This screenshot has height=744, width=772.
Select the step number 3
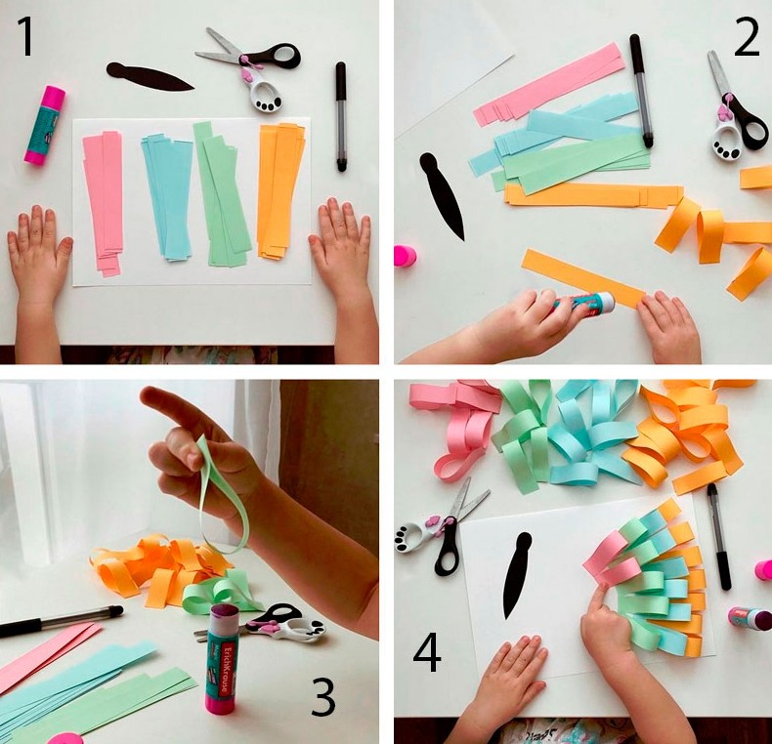pos(323,697)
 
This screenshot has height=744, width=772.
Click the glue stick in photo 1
pos(44,125)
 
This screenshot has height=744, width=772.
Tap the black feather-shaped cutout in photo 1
pos(150,77)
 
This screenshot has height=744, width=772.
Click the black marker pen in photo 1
pos(341,116)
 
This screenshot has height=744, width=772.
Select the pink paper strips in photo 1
pos(104,202)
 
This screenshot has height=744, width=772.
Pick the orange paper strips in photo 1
pos(280,191)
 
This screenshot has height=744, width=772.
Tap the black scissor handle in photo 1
pos(279,56)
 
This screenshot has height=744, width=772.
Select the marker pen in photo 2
pos(641,91)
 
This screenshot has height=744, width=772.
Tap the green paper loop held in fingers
pos(222,497)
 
